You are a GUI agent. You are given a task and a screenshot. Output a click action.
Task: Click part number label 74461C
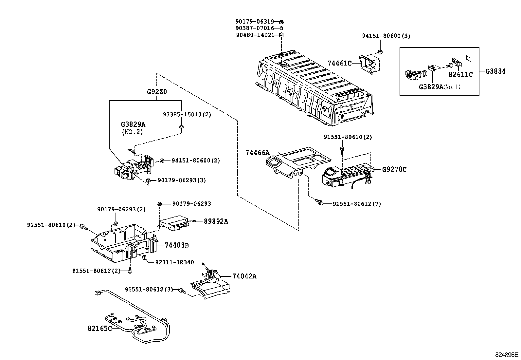pyautogui.click(x=339, y=63)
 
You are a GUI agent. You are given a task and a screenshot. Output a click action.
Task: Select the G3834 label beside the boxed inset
pyautogui.click(x=495, y=71)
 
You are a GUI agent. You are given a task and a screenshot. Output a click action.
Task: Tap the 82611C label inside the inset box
pyautogui.click(x=460, y=75)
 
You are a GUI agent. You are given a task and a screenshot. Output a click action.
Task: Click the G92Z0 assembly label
pyautogui.click(x=157, y=92)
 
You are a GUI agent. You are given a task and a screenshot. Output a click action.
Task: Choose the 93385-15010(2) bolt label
pyautogui.click(x=187, y=115)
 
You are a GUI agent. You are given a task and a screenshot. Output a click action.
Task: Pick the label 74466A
pyautogui.click(x=257, y=152)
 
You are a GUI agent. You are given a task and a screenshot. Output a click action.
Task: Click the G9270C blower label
pyautogui.click(x=394, y=169)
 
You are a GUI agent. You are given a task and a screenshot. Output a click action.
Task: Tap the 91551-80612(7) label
pyautogui.click(x=357, y=204)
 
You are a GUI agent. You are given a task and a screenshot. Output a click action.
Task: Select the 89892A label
pyautogui.click(x=216, y=221)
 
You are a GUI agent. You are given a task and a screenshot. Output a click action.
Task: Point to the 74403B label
pyautogui.click(x=176, y=245)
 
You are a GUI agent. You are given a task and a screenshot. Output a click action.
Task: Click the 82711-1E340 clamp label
pyautogui.click(x=174, y=262)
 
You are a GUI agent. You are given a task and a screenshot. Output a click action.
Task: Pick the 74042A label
pyautogui.click(x=244, y=276)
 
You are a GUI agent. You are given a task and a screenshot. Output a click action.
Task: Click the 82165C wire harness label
pyautogui.click(x=99, y=328)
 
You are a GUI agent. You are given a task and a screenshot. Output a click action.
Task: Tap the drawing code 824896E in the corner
pyautogui.click(x=506, y=354)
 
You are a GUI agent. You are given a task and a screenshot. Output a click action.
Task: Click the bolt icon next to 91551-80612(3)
pyautogui.click(x=182, y=290)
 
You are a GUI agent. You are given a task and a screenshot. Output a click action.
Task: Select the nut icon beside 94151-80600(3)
pyautogui.click(x=380, y=51)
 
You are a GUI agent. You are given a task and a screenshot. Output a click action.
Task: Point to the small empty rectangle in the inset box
pyautogui.click(x=469, y=59)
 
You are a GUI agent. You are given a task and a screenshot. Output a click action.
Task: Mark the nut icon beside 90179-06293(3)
pyautogui.click(x=148, y=180)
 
